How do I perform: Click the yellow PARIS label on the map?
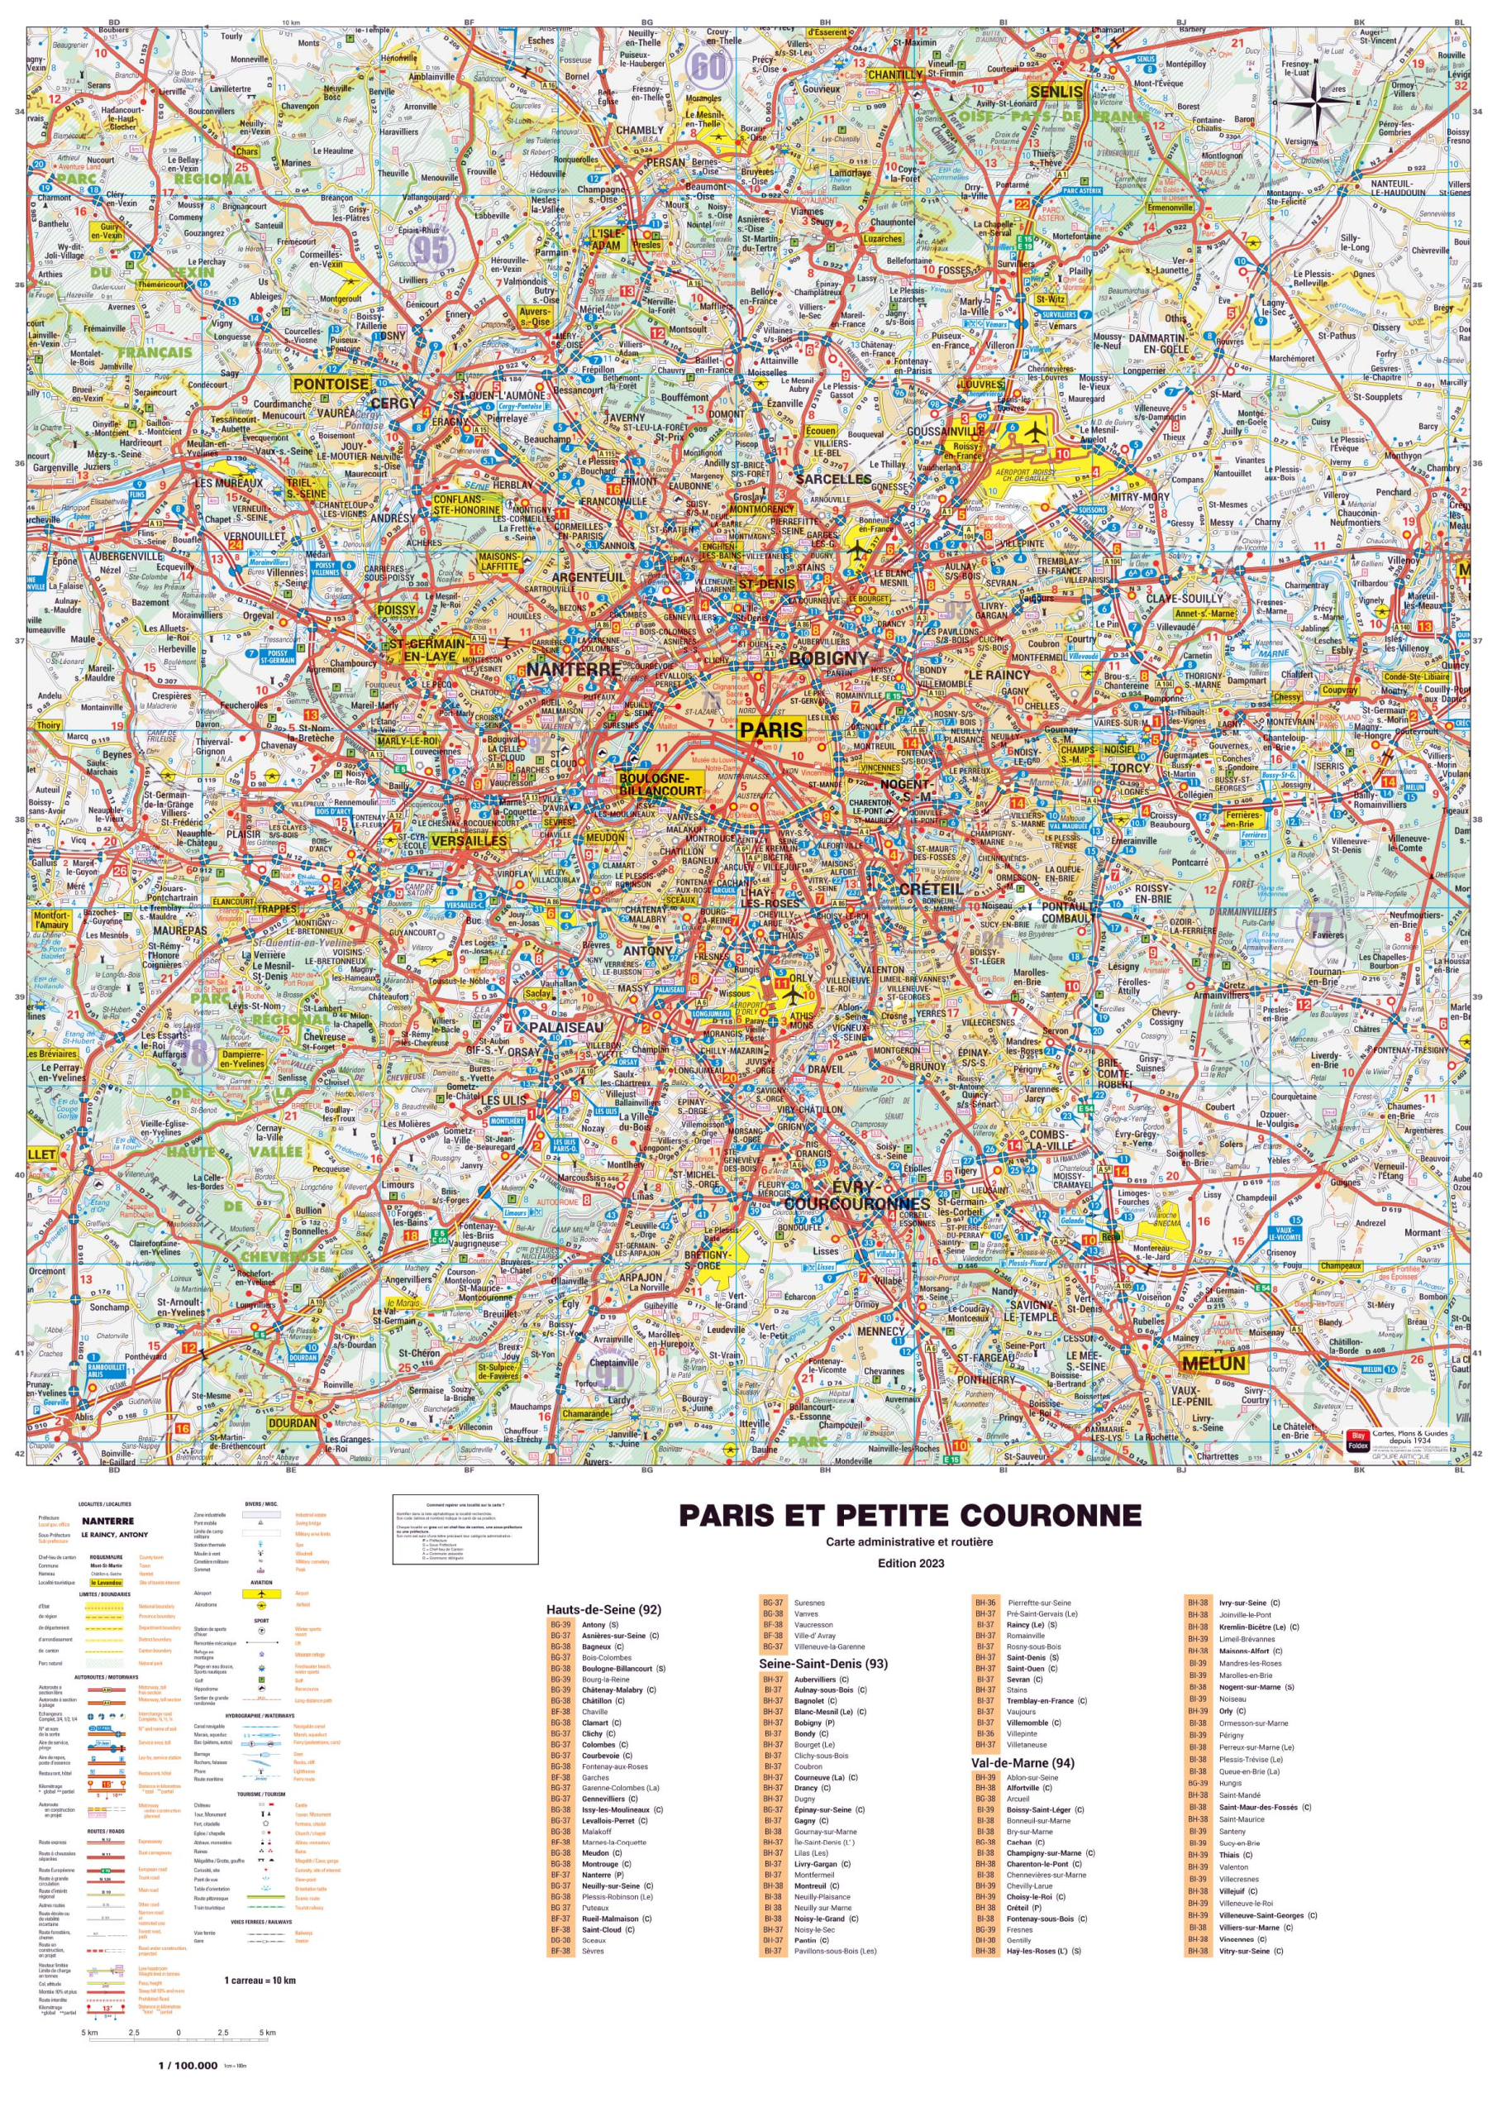(x=771, y=729)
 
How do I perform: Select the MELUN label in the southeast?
(x=1213, y=1363)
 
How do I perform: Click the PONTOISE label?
(x=331, y=384)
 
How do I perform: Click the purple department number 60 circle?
(x=708, y=65)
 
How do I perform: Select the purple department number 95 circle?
(x=431, y=249)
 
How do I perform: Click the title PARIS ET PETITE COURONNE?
(x=910, y=1516)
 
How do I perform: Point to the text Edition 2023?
(x=910, y=1563)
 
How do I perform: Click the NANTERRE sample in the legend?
(x=107, y=1522)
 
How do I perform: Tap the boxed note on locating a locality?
(x=465, y=1530)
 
